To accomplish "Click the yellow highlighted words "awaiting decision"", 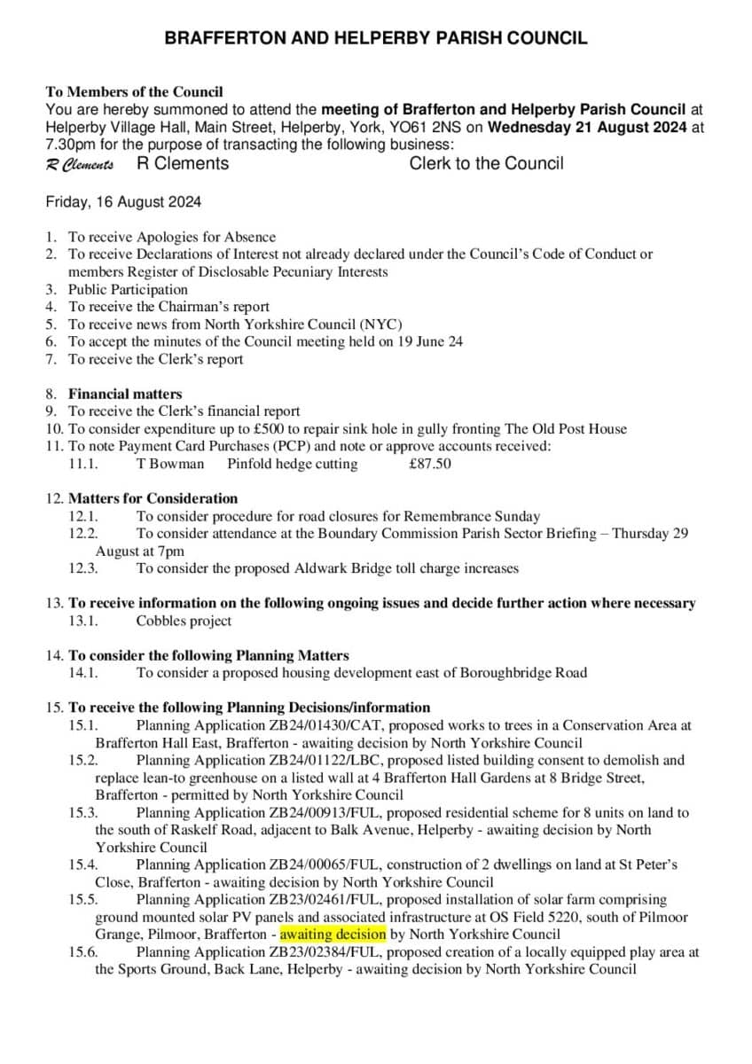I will click(x=333, y=935).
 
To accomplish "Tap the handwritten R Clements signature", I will click(x=80, y=165).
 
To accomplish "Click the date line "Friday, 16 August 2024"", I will click(x=123, y=202).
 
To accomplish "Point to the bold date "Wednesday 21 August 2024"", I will click(x=587, y=127).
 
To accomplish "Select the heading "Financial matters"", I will click(x=125, y=394).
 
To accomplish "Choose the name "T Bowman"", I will click(x=170, y=464).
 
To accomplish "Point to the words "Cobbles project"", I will click(x=184, y=621).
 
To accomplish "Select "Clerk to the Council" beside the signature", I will click(x=486, y=163).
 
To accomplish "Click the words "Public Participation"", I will click(x=128, y=289).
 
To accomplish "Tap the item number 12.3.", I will click(x=83, y=568).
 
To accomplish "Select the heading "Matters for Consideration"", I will click(x=153, y=498).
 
